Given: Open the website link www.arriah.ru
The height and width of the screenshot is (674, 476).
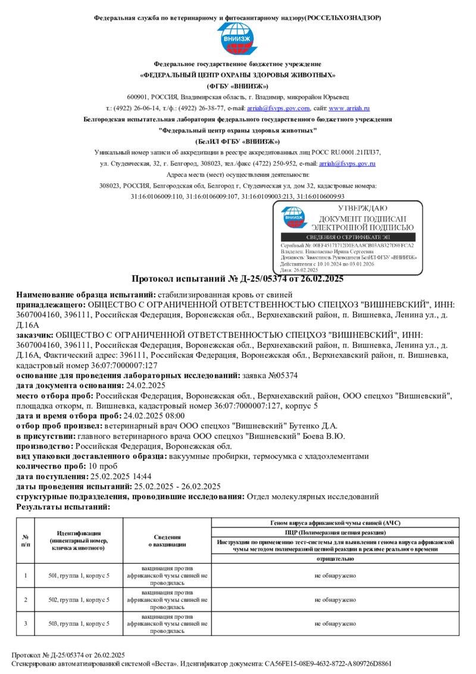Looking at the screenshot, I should click(x=349, y=108).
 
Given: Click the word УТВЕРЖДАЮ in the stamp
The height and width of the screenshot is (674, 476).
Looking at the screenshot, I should click(x=362, y=208).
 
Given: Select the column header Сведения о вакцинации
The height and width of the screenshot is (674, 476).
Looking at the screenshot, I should click(x=167, y=541).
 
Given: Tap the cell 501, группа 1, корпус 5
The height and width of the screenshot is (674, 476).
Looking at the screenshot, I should click(x=79, y=576).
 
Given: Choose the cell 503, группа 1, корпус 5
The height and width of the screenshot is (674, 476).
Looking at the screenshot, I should click(x=79, y=623).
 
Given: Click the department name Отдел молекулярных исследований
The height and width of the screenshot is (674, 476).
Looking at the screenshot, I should click(x=312, y=496).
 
